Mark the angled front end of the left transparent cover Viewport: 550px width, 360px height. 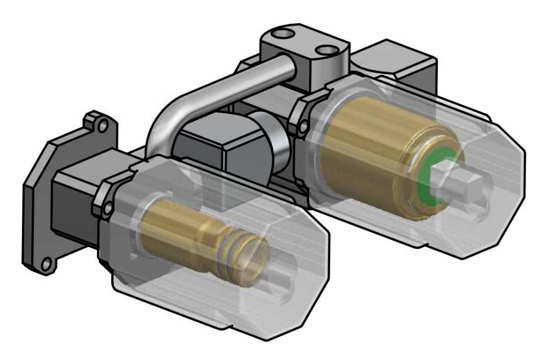pyautogui.click(x=308, y=264)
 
